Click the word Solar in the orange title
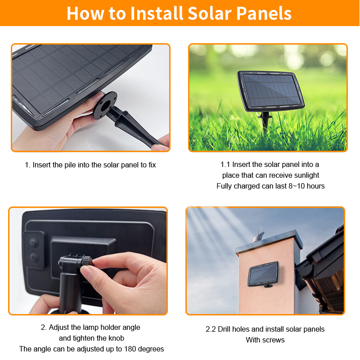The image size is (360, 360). pyautogui.click(x=210, y=13)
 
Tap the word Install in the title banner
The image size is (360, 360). pyautogui.click(x=157, y=13)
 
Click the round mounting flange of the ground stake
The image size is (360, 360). pyautogui.click(x=105, y=105)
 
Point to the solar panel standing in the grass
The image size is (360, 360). pyautogui.click(x=271, y=91)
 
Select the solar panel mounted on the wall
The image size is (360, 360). pyautogui.click(x=263, y=274)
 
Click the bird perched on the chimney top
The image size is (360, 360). pyautogui.click(x=259, y=235)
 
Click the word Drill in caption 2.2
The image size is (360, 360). pyautogui.click(x=224, y=329)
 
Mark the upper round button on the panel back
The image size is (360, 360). pyautogui.click(x=33, y=242)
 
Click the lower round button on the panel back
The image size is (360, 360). pyautogui.click(x=34, y=257)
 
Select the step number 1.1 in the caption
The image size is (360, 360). pyautogui.click(x=225, y=165)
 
